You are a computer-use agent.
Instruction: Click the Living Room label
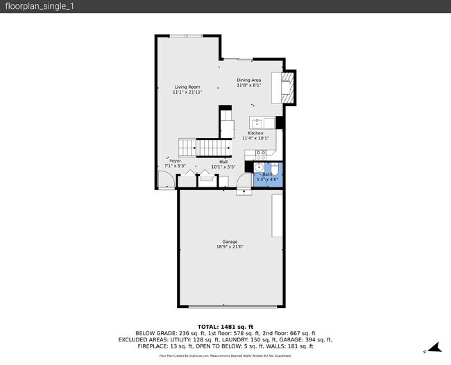point(187,87)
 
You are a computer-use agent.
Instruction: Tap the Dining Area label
point(249,80)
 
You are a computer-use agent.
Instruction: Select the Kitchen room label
point(255,133)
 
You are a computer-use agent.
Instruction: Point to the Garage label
point(230,241)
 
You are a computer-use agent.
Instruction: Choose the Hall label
point(223,161)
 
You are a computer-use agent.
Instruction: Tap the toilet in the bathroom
point(273,168)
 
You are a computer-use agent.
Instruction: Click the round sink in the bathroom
point(259,167)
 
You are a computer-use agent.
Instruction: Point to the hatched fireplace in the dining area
point(289,87)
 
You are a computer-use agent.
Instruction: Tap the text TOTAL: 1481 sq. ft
point(226,326)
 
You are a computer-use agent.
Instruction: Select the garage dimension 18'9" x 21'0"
point(230,246)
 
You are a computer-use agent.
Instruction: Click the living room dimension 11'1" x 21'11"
point(187,92)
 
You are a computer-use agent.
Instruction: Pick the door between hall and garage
point(244,181)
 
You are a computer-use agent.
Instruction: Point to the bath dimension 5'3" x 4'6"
point(267,180)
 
